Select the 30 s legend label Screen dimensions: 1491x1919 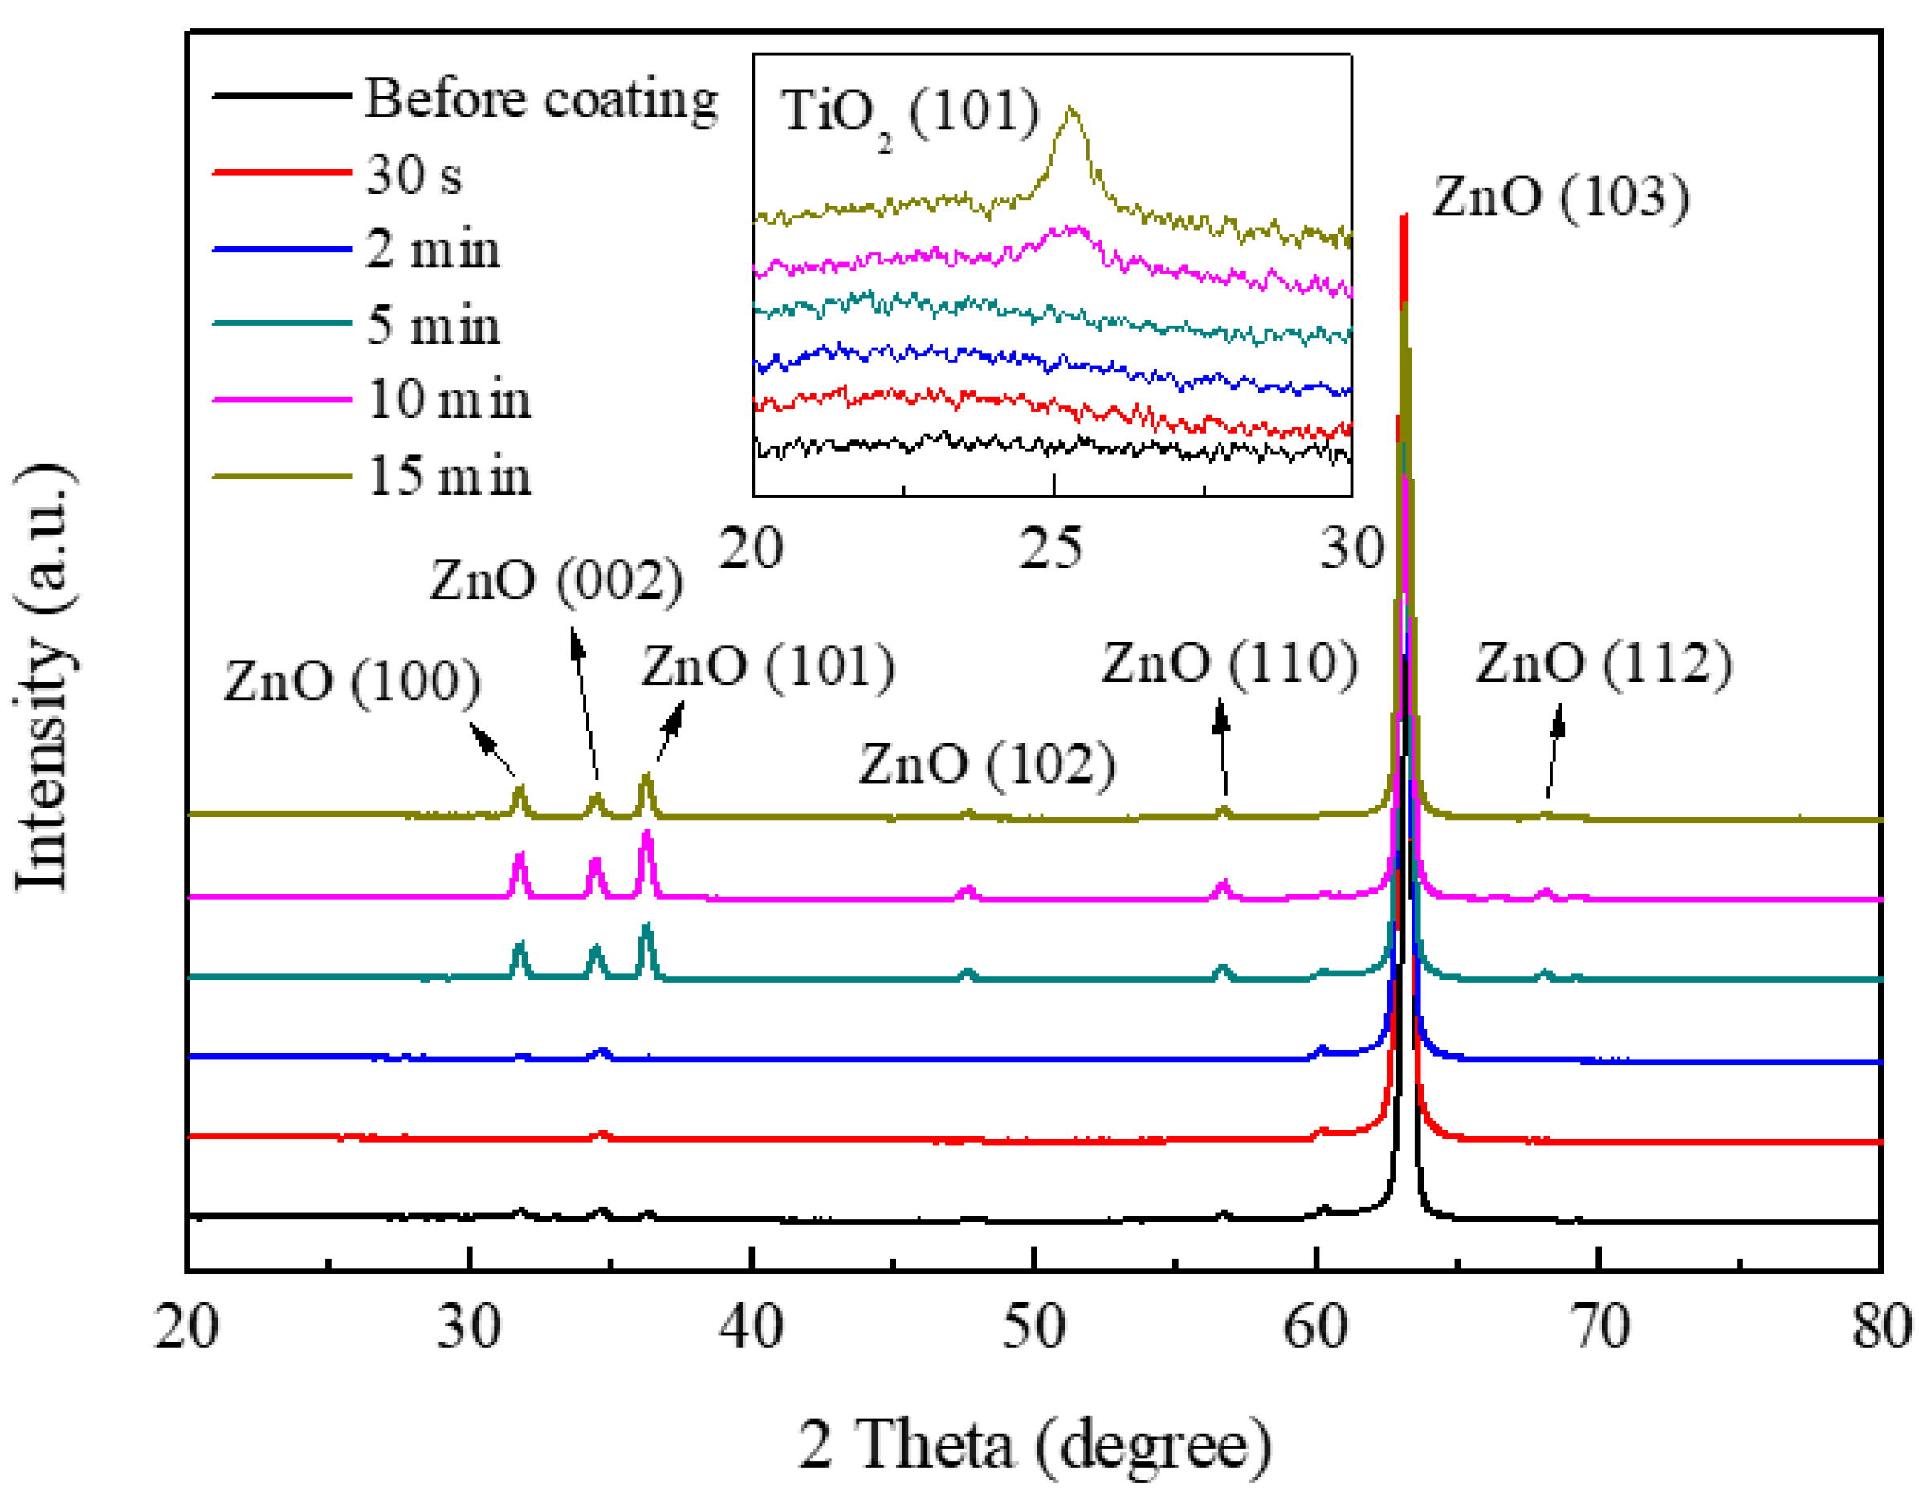tap(413, 174)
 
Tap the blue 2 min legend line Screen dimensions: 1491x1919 tap(281, 250)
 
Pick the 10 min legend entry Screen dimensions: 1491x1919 tap(448, 400)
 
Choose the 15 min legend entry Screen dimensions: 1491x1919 tap(448, 476)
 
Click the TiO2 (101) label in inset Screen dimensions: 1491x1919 tap(910, 114)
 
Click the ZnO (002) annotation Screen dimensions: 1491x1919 tap(556, 581)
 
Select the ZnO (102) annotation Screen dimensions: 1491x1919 tap(987, 764)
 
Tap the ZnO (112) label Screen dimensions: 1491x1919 tap(1603, 663)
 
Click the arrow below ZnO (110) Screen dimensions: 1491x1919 tap(1223, 747)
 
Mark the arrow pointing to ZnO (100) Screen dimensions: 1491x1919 tap(492, 749)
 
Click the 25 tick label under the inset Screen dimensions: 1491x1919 tap(1051, 549)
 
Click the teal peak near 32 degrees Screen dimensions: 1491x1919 tap(519, 947)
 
